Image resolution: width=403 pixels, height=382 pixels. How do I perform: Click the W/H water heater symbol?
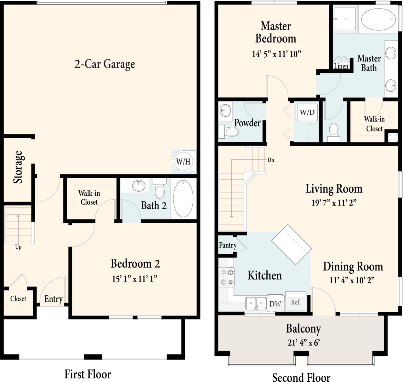[183, 162]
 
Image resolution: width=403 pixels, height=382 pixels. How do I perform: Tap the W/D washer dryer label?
[307, 113]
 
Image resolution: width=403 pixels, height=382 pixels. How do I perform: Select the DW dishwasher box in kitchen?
[275, 304]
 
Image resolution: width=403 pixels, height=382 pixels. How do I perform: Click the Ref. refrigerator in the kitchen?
[296, 302]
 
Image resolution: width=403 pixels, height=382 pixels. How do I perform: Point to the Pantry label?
[228, 245]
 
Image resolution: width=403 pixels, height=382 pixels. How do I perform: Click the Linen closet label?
[341, 66]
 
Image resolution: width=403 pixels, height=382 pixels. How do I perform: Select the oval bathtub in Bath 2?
[183, 199]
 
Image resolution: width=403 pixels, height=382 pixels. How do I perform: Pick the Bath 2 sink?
[139, 186]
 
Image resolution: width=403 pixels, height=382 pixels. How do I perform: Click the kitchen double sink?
[256, 304]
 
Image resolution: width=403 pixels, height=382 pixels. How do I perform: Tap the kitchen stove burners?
[227, 277]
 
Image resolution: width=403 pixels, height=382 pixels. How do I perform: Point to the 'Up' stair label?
[18, 247]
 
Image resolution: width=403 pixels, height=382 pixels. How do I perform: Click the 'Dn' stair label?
[270, 160]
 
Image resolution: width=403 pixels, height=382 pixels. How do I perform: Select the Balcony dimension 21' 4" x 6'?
[304, 343]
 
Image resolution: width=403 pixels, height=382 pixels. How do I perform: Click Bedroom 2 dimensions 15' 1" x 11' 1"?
[134, 279]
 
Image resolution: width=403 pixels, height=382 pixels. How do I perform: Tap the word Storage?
[18, 167]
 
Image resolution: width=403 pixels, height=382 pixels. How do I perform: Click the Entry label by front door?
[53, 299]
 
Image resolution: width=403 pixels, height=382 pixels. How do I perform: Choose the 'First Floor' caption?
[88, 374]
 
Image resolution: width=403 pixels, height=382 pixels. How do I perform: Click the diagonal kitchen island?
[292, 245]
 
